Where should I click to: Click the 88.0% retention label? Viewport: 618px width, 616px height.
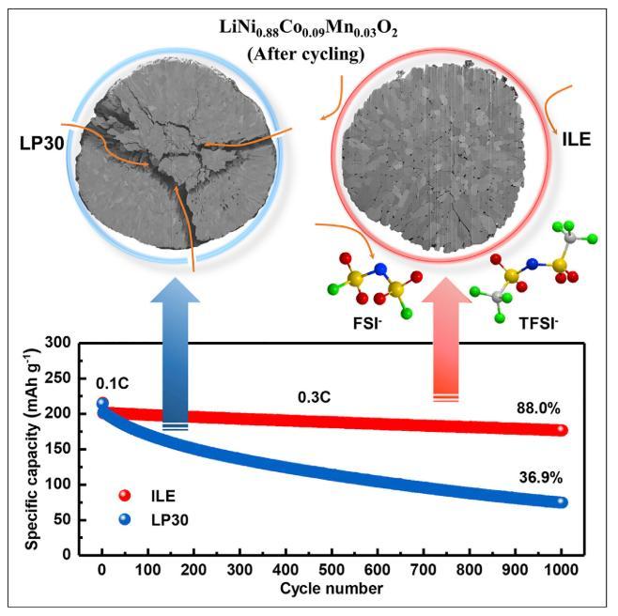pos(539,408)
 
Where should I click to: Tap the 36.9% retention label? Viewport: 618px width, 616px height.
pos(539,477)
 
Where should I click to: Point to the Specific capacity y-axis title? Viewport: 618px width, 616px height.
pos(33,449)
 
